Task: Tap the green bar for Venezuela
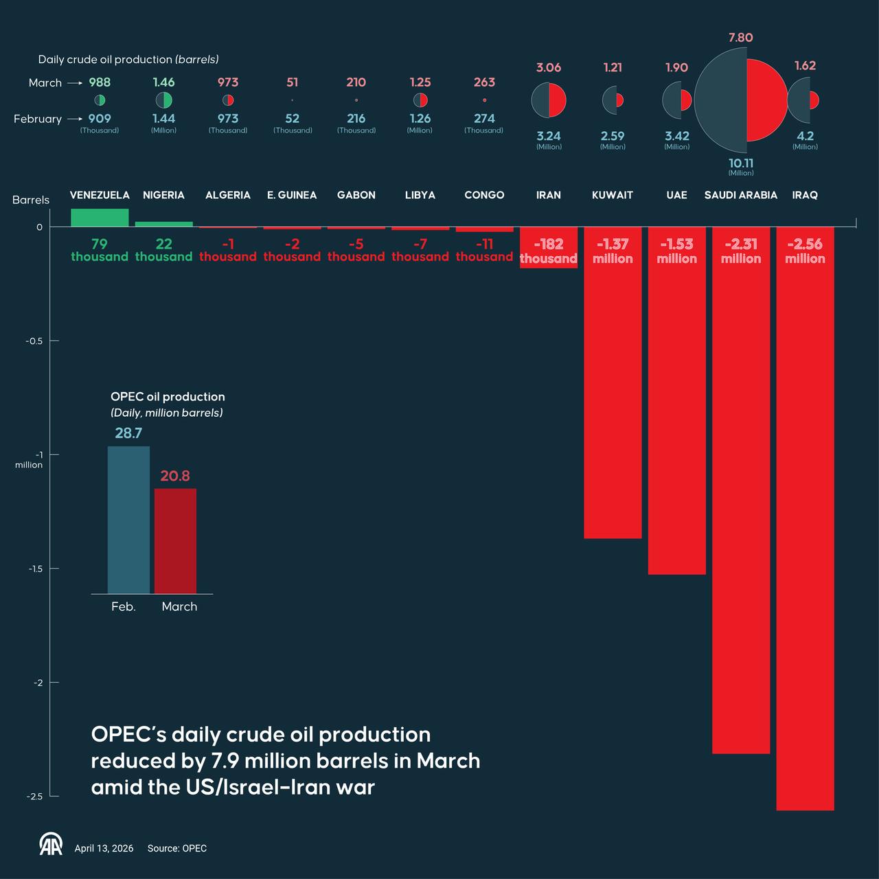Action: pos(100,218)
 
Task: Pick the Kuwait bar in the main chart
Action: pos(613,398)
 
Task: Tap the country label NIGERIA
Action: pos(163,195)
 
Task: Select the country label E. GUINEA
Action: pos(292,195)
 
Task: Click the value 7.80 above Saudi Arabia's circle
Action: pos(740,38)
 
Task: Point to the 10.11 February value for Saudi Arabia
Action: pos(741,163)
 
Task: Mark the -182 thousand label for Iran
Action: pos(548,251)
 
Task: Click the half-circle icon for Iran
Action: pos(549,100)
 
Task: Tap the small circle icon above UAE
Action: pos(676,100)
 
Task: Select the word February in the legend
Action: pos(38,119)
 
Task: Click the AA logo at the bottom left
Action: pos(51,845)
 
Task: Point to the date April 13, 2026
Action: pos(104,849)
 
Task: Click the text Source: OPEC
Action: pos(176,849)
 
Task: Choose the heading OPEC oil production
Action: pos(168,397)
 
